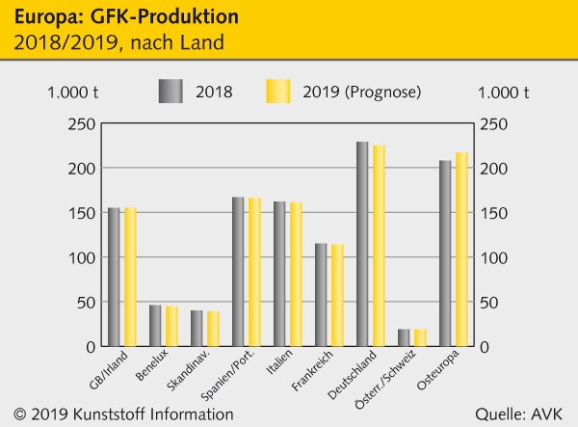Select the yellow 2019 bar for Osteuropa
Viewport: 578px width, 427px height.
coord(461,250)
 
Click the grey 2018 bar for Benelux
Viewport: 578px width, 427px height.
coord(155,326)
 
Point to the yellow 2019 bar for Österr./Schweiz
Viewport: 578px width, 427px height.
coord(420,337)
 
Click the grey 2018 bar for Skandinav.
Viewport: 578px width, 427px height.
coord(197,329)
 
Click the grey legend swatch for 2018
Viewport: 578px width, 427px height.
coord(171,92)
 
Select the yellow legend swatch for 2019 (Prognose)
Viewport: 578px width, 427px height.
coord(276,92)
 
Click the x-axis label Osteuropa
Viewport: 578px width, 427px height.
coord(444,371)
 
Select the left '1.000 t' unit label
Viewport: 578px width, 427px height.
coord(73,93)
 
